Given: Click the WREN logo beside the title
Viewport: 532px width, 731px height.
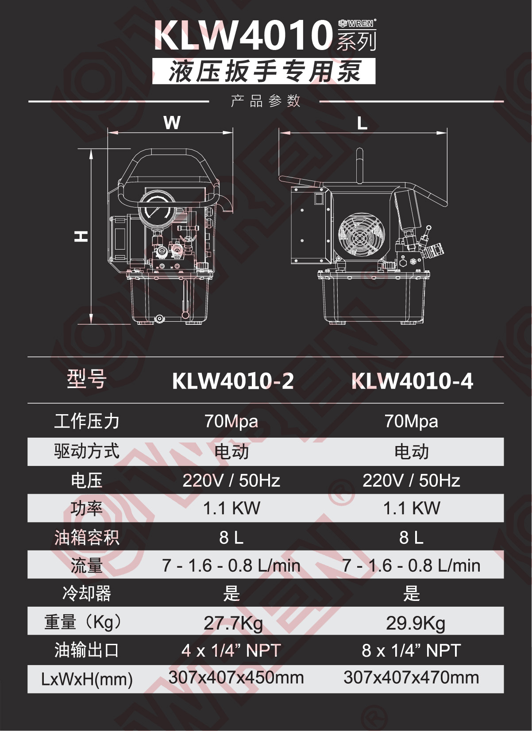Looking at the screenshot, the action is click(x=357, y=23).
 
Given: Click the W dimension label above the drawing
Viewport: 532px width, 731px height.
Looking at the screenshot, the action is click(x=172, y=123).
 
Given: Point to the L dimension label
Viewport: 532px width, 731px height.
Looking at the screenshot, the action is click(x=362, y=124).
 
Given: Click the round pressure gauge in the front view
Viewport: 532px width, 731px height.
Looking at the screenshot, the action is click(x=157, y=208).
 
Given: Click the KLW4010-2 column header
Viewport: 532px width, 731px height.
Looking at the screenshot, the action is click(x=233, y=381).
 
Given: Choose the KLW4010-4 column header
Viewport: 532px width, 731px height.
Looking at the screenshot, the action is click(x=412, y=381).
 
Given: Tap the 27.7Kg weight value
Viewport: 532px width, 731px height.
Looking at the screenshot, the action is click(x=233, y=623).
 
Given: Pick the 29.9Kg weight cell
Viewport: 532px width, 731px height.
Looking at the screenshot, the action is click(x=416, y=623).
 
